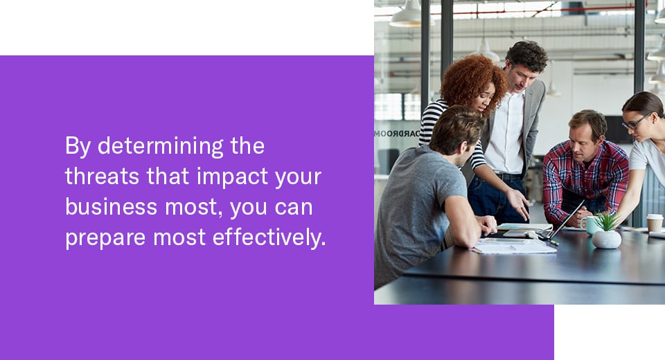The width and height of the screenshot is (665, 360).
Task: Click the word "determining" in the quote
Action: click(x=160, y=147)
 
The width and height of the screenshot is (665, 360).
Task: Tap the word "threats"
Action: click(x=102, y=177)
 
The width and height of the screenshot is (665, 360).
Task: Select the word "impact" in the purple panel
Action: click(x=232, y=177)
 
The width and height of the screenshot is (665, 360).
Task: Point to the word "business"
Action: click(x=111, y=207)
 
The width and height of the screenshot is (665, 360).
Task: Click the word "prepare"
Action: click(x=105, y=238)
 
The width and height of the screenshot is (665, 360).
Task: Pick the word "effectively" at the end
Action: click(x=269, y=237)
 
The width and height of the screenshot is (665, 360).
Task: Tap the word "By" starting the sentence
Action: click(x=77, y=147)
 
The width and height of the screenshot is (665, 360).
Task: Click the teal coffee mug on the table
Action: click(x=590, y=225)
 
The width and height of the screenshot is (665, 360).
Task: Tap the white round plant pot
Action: click(x=607, y=240)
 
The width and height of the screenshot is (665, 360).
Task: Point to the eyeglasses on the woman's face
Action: click(x=635, y=122)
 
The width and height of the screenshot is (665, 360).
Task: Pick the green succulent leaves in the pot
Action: click(x=607, y=222)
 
